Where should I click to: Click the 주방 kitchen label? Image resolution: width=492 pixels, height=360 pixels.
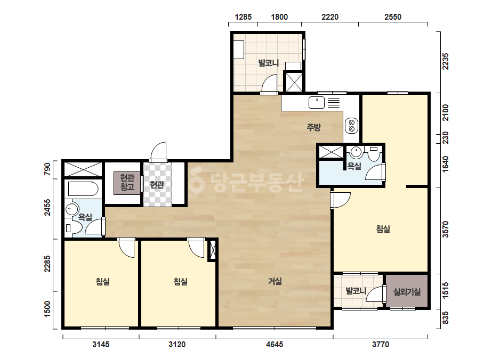313,127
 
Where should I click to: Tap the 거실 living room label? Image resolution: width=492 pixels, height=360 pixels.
275,281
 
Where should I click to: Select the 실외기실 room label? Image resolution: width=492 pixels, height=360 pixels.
407,292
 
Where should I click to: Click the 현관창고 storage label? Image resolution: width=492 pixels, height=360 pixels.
127,183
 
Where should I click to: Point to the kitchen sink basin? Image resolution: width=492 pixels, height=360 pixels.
317,103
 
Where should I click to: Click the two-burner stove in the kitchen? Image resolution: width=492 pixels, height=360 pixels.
351,126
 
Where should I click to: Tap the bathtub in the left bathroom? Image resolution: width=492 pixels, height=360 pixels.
83,189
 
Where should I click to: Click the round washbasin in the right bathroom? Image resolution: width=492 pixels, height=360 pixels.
356,152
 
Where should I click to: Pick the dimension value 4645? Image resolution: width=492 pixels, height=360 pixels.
275,345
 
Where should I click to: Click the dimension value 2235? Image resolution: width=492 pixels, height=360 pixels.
445,61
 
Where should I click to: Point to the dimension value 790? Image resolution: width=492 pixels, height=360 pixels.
47,169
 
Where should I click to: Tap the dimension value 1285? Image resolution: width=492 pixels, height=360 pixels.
243,17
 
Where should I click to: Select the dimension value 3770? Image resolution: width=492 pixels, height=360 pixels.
381,345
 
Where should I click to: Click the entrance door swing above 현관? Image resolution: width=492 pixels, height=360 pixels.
158,152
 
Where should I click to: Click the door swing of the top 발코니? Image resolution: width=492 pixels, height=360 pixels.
270,84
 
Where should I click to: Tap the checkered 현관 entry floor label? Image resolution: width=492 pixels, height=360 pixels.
157,185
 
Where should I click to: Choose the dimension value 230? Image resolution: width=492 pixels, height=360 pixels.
445,138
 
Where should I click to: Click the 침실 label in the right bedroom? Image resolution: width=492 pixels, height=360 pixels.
383,229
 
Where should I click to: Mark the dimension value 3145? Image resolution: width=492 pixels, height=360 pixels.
101,345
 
